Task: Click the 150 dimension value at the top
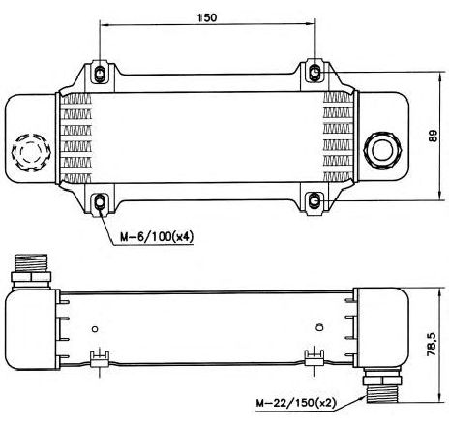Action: pyautogui.click(x=207, y=17)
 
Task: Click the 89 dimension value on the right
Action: pyautogui.click(x=433, y=136)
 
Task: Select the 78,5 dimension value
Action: pyautogui.click(x=432, y=345)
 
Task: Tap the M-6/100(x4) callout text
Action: pyautogui.click(x=157, y=237)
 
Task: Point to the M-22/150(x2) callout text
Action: pyautogui.click(x=296, y=403)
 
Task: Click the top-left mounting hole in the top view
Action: pyautogui.click(x=100, y=74)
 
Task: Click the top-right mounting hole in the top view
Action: pyautogui.click(x=314, y=72)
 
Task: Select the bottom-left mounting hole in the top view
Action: pyautogui.click(x=100, y=202)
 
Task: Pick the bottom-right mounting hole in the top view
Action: pyautogui.click(x=314, y=201)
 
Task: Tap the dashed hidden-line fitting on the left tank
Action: pyautogui.click(x=31, y=152)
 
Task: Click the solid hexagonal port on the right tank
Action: pyautogui.click(x=382, y=150)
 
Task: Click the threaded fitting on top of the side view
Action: pyautogui.click(x=31, y=270)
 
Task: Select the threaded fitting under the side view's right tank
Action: pyautogui.click(x=382, y=384)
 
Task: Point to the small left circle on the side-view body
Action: pyautogui.click(x=95, y=329)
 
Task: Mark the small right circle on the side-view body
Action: pyautogui.click(x=319, y=327)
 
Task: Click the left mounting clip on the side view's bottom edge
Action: pyautogui.click(x=100, y=359)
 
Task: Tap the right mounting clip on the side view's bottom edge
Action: pyautogui.click(x=314, y=358)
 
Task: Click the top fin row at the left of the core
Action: pyautogui.click(x=76, y=99)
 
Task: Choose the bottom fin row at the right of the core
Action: pyautogui.click(x=338, y=176)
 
